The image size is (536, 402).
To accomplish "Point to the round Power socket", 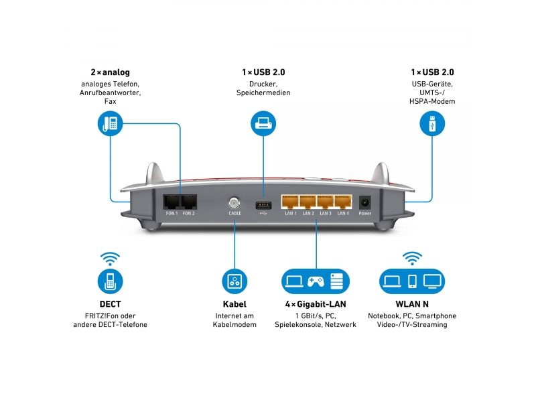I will coord(365,201).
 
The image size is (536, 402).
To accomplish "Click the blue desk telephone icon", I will coord(110,124).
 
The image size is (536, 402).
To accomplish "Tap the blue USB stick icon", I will coord(432,124).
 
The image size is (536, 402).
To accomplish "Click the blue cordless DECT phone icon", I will coord(110,281).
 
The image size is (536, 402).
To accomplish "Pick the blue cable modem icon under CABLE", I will coord(235,281).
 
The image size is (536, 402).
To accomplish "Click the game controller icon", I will coord(316,281).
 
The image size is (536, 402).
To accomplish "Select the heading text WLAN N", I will coord(412,304).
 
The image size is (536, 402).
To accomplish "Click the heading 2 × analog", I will coord(110,72).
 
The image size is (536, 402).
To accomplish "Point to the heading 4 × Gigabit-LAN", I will coord(316,304).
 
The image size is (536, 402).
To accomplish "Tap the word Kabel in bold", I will coord(235,304).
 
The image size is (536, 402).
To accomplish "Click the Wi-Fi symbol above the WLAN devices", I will coord(412,258).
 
